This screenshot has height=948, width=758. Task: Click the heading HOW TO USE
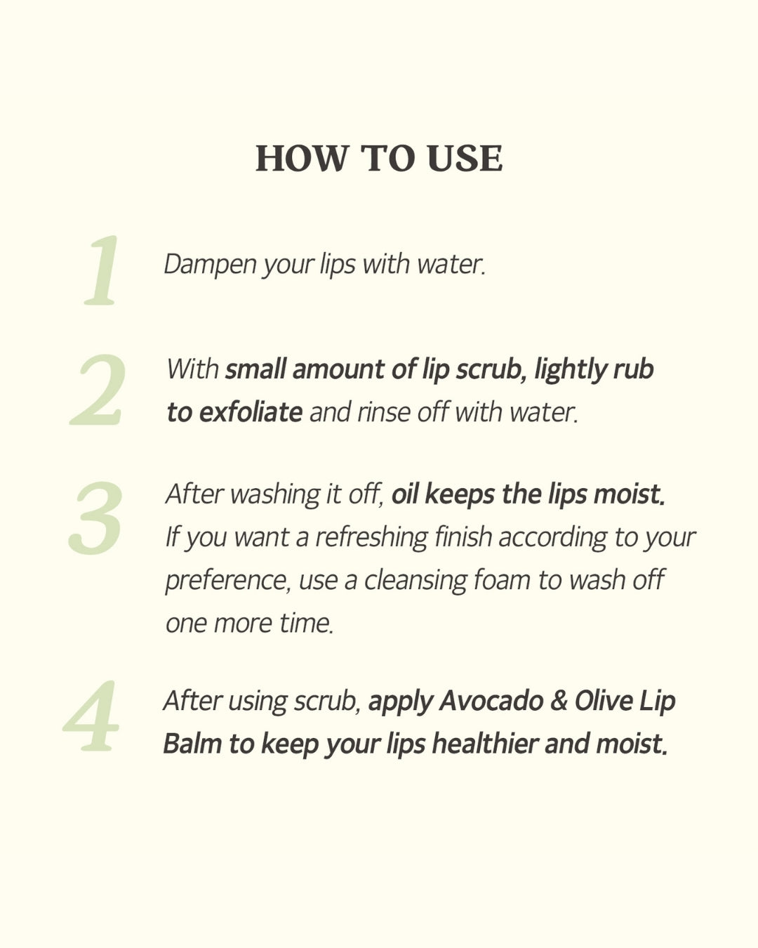pos(379,158)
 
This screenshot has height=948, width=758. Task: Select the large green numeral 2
pos(98,390)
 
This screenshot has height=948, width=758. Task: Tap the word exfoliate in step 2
pos(251,412)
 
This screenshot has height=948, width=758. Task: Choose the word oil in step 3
pos(405,494)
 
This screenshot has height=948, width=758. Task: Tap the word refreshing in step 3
pos(371,537)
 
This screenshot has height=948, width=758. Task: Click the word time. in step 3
pos(306,624)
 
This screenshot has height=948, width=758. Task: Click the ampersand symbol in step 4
pos(559,701)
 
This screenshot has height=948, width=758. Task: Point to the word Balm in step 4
pos(192,744)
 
